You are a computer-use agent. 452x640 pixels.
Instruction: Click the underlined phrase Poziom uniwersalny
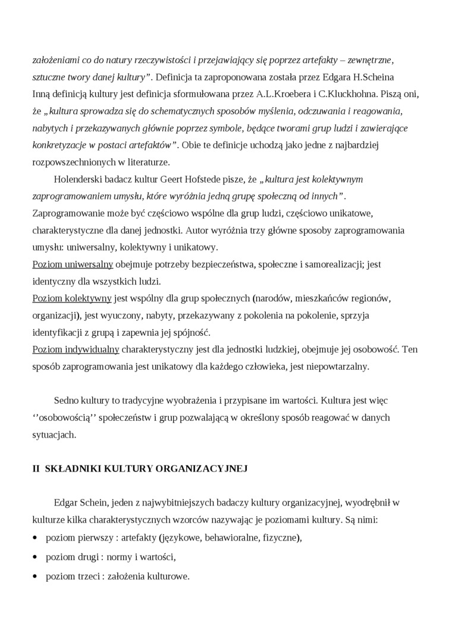[73, 264]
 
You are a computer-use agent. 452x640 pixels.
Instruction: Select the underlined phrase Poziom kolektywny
[72, 298]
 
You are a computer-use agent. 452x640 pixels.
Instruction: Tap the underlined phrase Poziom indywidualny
[76, 349]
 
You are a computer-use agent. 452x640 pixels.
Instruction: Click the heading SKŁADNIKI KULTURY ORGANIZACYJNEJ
[146, 469]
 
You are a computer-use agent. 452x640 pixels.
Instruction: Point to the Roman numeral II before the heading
[36, 469]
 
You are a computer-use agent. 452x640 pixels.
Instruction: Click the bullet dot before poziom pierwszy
[34, 538]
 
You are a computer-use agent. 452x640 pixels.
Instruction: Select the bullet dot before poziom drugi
[34, 558]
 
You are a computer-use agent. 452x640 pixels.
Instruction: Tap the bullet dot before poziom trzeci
[34, 577]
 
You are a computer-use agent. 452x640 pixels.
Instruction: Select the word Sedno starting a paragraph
[66, 401]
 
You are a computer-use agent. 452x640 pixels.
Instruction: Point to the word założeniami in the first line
[56, 60]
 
